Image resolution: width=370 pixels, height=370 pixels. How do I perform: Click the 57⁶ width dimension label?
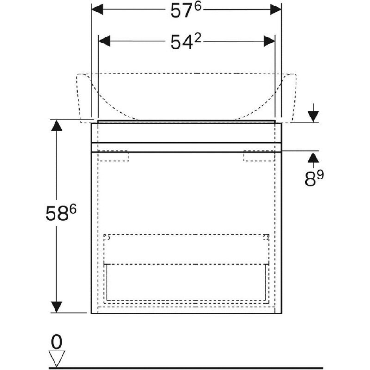click(x=186, y=10)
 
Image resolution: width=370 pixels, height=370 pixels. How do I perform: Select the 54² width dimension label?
click(x=186, y=42)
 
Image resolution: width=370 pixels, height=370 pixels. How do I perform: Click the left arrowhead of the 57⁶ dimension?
click(x=97, y=9)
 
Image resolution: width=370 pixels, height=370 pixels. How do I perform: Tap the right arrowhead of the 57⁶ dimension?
click(x=276, y=9)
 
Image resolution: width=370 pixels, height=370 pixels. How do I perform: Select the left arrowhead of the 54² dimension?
click(x=104, y=41)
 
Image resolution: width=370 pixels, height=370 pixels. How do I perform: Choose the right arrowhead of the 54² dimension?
click(x=269, y=41)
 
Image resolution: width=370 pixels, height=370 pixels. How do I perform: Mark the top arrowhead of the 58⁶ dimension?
click(x=56, y=125)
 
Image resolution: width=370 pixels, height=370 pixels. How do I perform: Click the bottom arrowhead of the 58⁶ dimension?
click(x=56, y=307)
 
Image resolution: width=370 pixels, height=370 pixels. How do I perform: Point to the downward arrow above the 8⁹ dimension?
click(x=313, y=113)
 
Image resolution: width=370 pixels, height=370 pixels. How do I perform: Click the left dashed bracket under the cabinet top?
click(x=113, y=156)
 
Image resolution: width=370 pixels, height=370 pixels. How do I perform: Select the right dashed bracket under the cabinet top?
click(x=259, y=156)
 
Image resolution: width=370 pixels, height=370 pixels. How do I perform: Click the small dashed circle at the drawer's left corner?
click(x=107, y=238)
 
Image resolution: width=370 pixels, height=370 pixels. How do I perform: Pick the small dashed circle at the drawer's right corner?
click(x=266, y=238)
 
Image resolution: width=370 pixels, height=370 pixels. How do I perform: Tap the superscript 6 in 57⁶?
click(x=198, y=6)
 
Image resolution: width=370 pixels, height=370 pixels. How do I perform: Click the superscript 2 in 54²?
click(x=198, y=38)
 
